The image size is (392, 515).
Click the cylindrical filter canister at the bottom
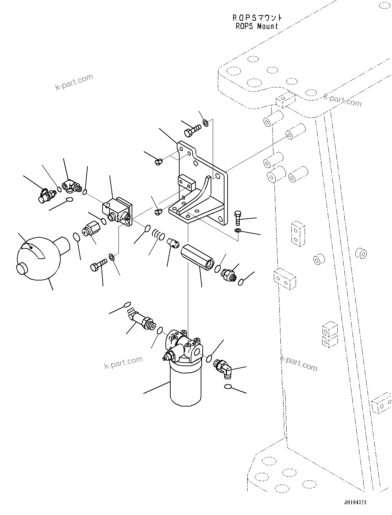[185, 383]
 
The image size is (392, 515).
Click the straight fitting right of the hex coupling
[228, 275]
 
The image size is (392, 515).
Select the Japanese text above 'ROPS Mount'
[257, 17]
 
